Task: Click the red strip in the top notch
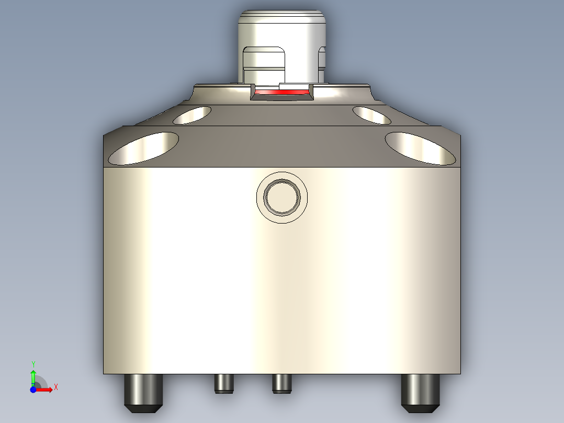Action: tap(281, 92)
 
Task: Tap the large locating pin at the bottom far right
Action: tap(420, 390)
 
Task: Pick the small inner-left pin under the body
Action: tap(223, 383)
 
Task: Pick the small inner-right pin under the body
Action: tap(281, 383)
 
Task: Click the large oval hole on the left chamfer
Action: tap(143, 148)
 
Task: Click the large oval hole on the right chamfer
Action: tap(420, 148)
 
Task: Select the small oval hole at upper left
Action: tap(192, 115)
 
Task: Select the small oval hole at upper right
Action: tap(371, 115)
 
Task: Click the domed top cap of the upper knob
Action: tap(282, 21)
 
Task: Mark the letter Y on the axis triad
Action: tap(33, 363)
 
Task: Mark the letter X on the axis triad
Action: tap(55, 387)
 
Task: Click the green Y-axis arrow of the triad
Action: tap(33, 375)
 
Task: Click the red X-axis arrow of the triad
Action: tap(45, 389)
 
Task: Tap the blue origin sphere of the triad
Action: tap(33, 389)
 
